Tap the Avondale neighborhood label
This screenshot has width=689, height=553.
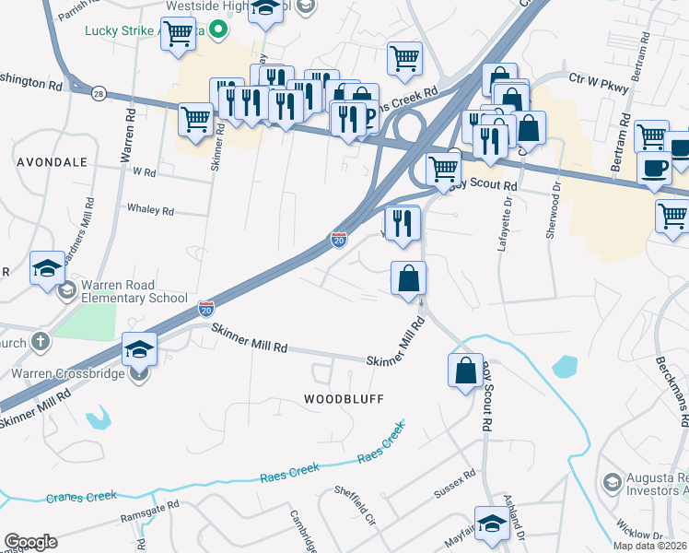pyautogui.click(x=52, y=161)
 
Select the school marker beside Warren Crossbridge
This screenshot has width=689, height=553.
pyautogui.click(x=140, y=350)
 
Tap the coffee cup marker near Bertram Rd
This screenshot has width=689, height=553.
pyautogui.click(x=655, y=170)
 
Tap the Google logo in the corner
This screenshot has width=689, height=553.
pyautogui.click(x=30, y=541)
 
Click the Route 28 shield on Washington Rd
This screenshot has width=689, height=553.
pyautogui.click(x=99, y=93)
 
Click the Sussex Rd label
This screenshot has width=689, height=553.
pyautogui.click(x=454, y=486)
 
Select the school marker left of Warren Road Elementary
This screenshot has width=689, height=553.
pyautogui.click(x=47, y=268)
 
